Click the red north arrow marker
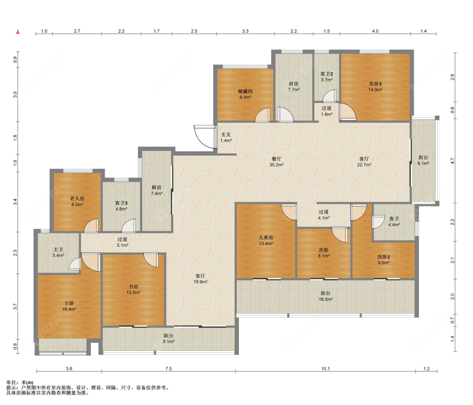[x=18, y=32]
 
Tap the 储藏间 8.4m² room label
[x=245, y=94]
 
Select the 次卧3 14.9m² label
[x=375, y=87]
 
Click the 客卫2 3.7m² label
[x=327, y=77]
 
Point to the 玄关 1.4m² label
[x=226, y=138]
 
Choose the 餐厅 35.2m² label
[x=276, y=162]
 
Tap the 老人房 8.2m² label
[x=77, y=201]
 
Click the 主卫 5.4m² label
[x=58, y=252]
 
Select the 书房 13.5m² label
[x=133, y=289]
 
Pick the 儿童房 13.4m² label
[x=266, y=241]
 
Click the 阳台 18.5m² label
[x=325, y=296]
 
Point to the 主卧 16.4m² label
[x=69, y=306]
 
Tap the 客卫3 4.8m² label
[x=121, y=206]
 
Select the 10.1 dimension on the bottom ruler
[x=325, y=368]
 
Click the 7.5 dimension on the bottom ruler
[x=168, y=368]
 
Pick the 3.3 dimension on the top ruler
[x=245, y=31]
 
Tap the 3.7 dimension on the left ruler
[x=15, y=307]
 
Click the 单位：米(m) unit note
[x=20, y=382]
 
